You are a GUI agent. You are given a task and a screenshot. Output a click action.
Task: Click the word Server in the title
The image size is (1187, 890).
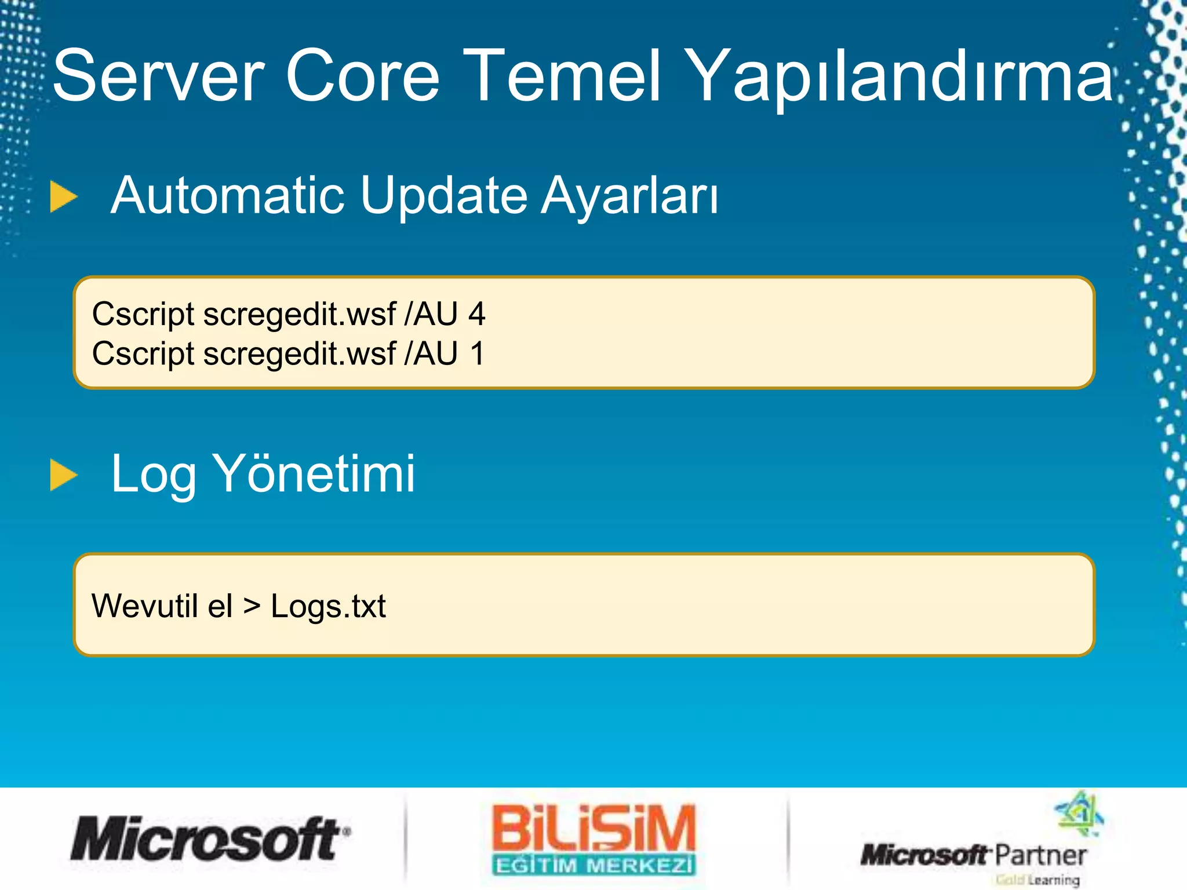tap(158, 76)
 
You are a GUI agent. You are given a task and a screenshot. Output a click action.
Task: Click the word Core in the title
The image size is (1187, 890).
tap(363, 76)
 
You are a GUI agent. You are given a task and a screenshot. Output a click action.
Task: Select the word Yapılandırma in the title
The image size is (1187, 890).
tap(901, 78)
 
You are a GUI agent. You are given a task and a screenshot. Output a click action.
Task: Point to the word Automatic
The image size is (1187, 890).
tap(228, 195)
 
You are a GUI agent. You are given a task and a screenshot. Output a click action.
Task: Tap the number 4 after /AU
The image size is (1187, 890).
tap(476, 314)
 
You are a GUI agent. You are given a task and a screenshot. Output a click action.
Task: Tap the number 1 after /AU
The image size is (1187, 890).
tap(477, 353)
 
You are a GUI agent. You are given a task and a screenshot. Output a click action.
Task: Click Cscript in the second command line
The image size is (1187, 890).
tap(143, 355)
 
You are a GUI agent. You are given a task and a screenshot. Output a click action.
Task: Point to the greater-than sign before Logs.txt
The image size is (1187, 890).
tap(252, 606)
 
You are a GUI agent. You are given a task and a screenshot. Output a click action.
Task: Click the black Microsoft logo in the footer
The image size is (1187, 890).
tap(210, 839)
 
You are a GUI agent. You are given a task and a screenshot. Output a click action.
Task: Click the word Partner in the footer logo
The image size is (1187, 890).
tap(1040, 855)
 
